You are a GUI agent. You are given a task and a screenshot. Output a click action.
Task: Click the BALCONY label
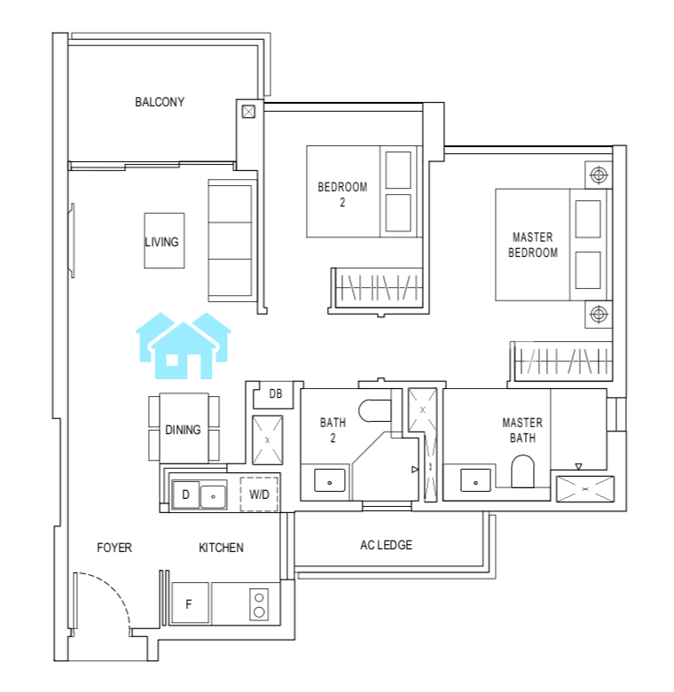point(160,102)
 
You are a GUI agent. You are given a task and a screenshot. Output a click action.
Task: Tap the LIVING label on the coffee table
point(161,242)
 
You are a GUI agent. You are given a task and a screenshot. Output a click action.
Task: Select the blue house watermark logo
point(184,346)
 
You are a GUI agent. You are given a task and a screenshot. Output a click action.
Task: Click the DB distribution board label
point(276,393)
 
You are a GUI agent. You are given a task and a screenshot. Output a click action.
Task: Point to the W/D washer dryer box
point(259,494)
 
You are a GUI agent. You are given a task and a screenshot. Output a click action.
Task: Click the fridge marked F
point(190,603)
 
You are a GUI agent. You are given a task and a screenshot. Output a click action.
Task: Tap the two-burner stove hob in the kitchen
point(259,604)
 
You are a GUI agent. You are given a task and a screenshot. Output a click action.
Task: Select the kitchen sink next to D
point(213,496)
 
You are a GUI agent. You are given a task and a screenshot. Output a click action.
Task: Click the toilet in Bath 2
point(374,411)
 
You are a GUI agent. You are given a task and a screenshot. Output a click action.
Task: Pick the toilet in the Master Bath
point(522,471)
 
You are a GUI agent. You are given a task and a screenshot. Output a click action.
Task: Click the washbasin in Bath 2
point(330,480)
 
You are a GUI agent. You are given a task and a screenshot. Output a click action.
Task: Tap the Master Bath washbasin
point(475,480)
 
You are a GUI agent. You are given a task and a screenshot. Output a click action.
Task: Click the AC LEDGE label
point(386,545)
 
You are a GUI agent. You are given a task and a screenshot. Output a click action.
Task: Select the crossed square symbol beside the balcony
point(248,112)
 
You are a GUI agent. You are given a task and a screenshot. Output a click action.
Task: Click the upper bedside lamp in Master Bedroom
point(599,175)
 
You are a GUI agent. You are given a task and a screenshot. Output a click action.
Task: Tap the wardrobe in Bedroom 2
point(379,287)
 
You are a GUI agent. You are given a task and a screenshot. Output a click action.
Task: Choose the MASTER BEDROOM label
point(533,245)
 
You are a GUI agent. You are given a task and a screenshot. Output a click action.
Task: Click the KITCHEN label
point(221,548)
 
